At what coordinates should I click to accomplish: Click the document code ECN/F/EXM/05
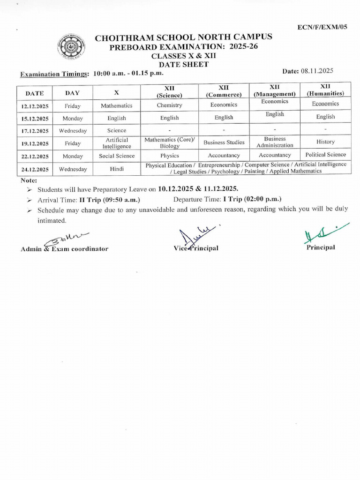click(323, 28)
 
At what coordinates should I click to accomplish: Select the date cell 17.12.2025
click(35, 131)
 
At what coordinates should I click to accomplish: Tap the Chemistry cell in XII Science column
click(169, 105)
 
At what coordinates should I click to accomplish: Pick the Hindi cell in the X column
click(117, 169)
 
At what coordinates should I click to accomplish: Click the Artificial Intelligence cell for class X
click(117, 143)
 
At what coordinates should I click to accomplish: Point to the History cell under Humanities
click(325, 142)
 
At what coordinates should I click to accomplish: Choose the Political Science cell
click(325, 155)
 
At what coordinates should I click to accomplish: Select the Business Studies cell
click(224, 142)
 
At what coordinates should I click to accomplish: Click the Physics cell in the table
click(169, 156)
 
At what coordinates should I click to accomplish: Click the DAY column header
click(72, 93)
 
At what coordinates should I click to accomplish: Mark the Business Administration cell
click(275, 142)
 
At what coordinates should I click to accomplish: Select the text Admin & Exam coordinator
click(64, 249)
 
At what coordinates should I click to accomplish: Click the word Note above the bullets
click(29, 180)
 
